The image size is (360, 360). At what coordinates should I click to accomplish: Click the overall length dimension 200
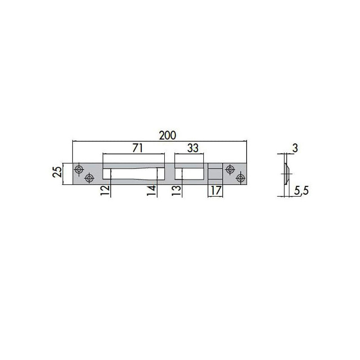coord(167,135)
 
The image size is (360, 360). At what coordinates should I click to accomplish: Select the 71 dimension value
coord(138,148)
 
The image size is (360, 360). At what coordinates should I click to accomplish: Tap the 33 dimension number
coord(193,148)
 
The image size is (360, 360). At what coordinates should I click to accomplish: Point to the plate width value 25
coord(58,171)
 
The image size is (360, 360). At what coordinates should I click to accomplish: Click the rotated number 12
coord(105,190)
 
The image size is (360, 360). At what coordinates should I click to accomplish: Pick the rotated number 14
coord(152,190)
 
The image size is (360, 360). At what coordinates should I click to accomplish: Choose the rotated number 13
coord(176,190)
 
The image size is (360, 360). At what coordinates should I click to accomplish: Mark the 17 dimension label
coord(216,190)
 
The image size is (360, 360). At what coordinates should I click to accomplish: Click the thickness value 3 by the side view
coord(295,148)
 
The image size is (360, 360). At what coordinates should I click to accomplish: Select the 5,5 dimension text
coord(301,191)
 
